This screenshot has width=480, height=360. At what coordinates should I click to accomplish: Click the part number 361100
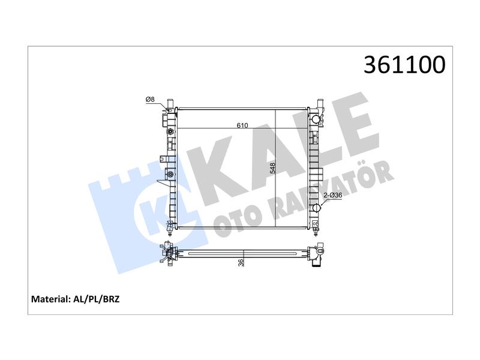[404, 65]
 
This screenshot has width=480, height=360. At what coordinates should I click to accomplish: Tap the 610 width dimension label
[242, 125]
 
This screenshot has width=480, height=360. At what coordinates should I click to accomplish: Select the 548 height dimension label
[272, 168]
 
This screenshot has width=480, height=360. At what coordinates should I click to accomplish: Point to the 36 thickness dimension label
[241, 263]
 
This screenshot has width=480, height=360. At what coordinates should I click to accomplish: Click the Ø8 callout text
[150, 99]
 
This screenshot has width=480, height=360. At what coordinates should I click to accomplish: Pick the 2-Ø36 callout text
[333, 195]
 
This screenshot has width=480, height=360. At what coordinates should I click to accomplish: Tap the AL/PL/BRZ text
[97, 299]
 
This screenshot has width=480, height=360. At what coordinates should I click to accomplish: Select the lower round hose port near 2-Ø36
[316, 208]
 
